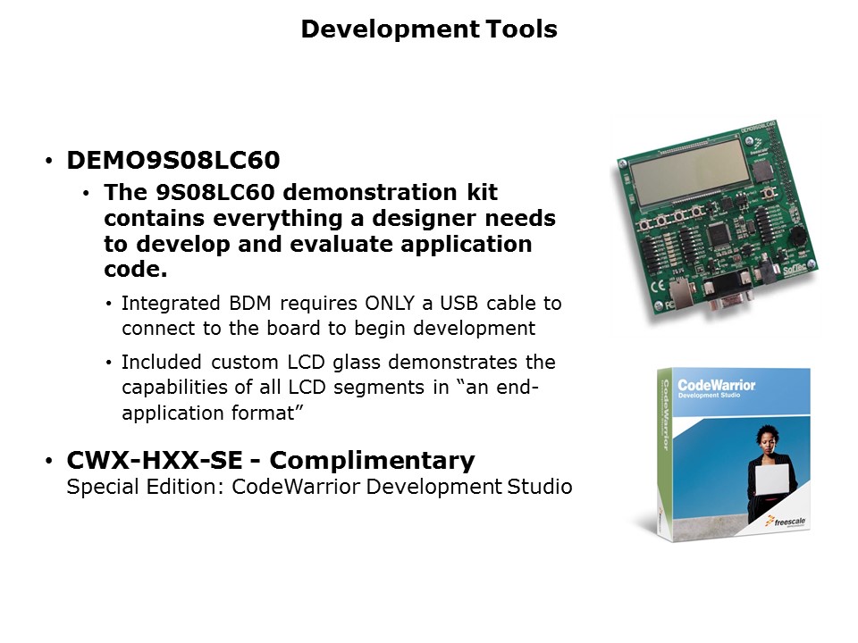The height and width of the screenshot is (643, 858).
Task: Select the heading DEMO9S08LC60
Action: coord(173,161)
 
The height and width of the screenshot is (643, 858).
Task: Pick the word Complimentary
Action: coord(372,461)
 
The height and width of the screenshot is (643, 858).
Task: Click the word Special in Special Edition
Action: coord(100,488)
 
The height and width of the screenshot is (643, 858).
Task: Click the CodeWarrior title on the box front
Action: coord(717,386)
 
